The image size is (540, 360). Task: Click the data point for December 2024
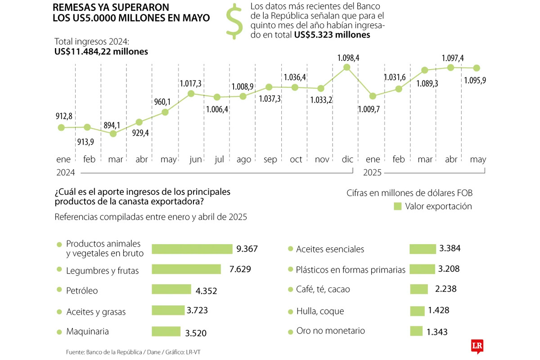pyautogui.click(x=346, y=67)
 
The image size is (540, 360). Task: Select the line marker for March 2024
pyautogui.click(x=113, y=133)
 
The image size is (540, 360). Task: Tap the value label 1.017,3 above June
pyautogui.click(x=190, y=83)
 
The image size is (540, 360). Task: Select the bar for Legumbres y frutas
pyautogui.click(x=186, y=269)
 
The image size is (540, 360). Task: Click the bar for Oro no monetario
pyautogui.click(x=416, y=331)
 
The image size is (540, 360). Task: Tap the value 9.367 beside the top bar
pyautogui.click(x=247, y=248)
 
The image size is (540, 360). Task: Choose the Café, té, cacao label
pyautogui.click(x=323, y=289)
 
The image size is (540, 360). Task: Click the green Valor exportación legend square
pyautogui.click(x=397, y=206)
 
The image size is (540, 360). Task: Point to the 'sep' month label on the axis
pyautogui.click(x=270, y=159)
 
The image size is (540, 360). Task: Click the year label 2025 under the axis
pyautogui.click(x=372, y=172)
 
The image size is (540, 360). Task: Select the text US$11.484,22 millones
pyautogui.click(x=101, y=52)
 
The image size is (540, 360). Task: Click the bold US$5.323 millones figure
pyautogui.click(x=332, y=35)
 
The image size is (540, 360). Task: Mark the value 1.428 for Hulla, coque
pyautogui.click(x=439, y=310)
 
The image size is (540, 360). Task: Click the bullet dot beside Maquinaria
pyautogui.click(x=59, y=332)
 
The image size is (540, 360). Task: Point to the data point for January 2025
pyautogui.click(x=373, y=96)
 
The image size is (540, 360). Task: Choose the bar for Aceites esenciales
pyautogui.click(x=423, y=249)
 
